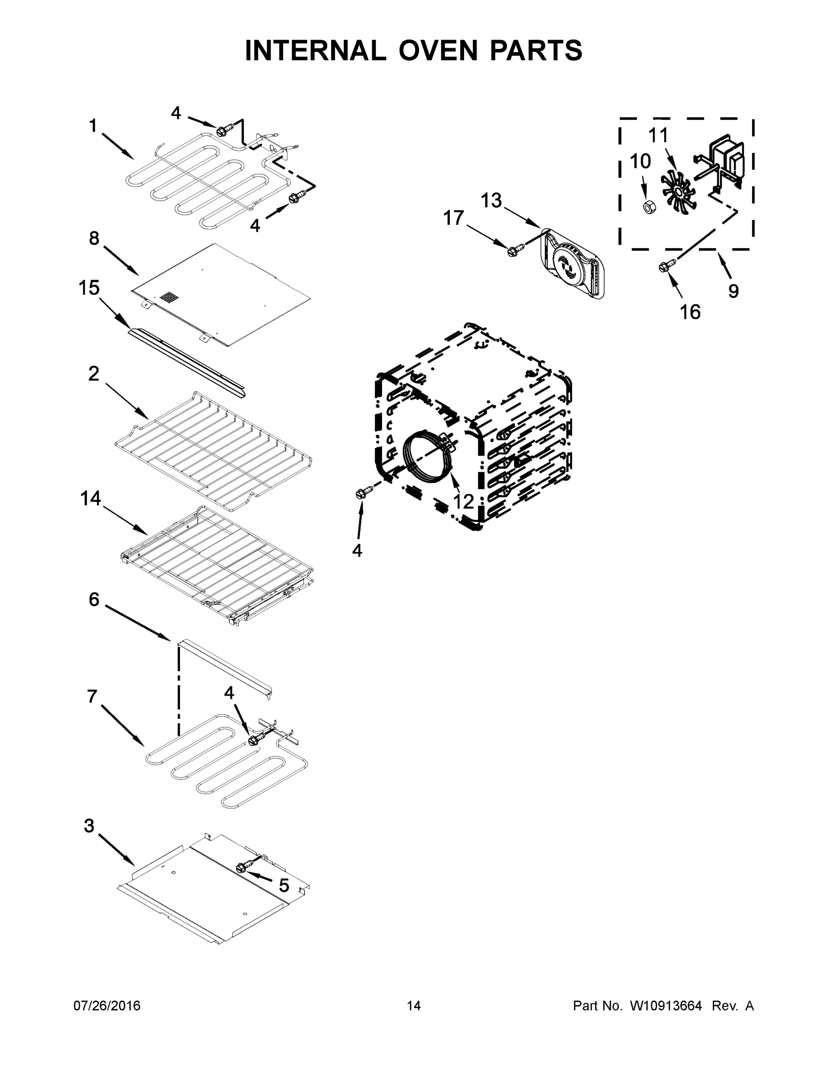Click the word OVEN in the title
coord(438,50)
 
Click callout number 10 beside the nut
coord(640,161)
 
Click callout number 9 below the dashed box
coord(733,291)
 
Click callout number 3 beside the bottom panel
coord(89,826)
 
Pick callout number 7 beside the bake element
coord(92,696)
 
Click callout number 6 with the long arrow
coord(94,599)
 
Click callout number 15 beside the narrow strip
coord(89,288)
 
